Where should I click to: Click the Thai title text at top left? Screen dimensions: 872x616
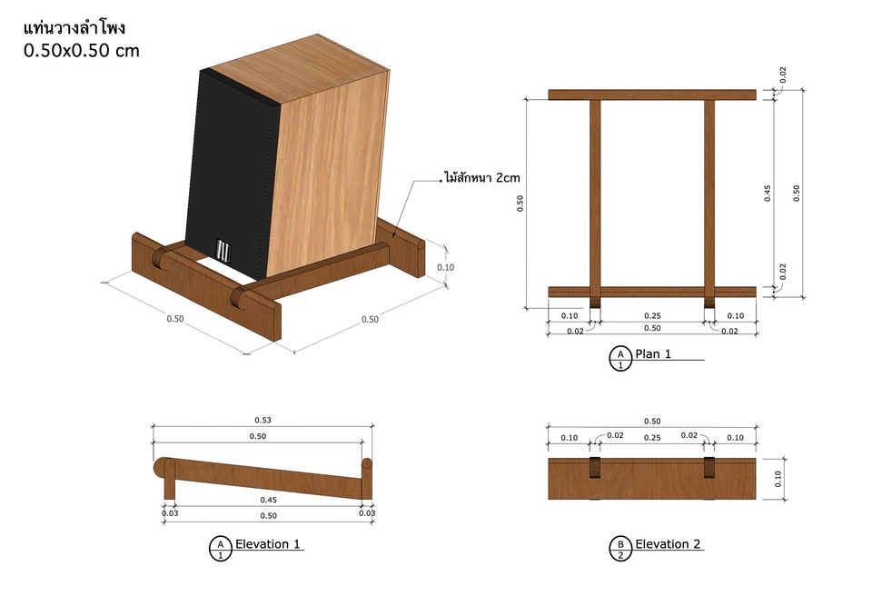[74, 28]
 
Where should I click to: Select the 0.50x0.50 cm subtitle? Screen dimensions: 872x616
[81, 51]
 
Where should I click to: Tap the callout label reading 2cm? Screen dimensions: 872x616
[508, 177]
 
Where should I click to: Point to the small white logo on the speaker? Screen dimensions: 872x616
[223, 250]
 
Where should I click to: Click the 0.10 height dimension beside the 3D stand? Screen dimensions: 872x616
[445, 267]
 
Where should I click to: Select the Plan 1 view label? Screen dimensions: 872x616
[653, 354]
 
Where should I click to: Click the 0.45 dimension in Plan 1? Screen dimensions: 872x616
[768, 194]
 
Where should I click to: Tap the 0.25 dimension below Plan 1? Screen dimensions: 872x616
[652, 315]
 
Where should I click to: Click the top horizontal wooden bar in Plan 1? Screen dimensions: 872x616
[652, 94]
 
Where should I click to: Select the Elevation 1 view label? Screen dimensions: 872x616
[267, 543]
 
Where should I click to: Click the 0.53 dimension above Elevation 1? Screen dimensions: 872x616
[263, 420]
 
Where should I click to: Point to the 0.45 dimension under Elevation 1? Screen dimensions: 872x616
[269, 500]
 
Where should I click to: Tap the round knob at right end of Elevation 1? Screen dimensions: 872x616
[366, 463]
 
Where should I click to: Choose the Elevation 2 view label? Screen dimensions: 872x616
[668, 543]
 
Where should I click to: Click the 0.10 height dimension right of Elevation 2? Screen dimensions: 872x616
[778, 479]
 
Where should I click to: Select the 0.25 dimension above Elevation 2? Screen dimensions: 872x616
[652, 437]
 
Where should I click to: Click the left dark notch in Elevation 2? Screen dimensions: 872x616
[595, 467]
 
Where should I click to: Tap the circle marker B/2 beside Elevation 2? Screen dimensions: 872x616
[620, 549]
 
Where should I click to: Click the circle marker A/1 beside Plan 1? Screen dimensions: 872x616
[620, 359]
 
